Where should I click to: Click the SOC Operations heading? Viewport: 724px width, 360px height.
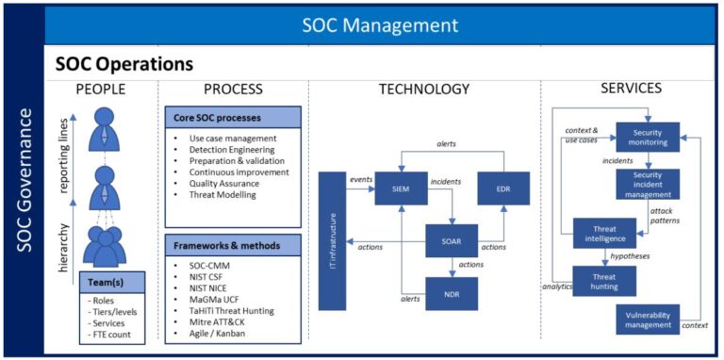tap(124, 64)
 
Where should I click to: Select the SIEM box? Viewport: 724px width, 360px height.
tap(402, 188)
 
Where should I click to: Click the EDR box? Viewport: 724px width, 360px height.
tap(503, 188)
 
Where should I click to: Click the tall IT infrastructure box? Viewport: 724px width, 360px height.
tap(332, 240)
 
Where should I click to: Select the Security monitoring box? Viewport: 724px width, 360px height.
tap(647, 137)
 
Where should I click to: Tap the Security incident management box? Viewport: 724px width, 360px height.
tap(647, 184)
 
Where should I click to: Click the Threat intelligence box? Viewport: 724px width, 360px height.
tap(604, 233)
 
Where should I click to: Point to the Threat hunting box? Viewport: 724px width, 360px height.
tap(604, 280)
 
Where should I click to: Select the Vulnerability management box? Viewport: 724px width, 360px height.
tap(647, 319)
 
